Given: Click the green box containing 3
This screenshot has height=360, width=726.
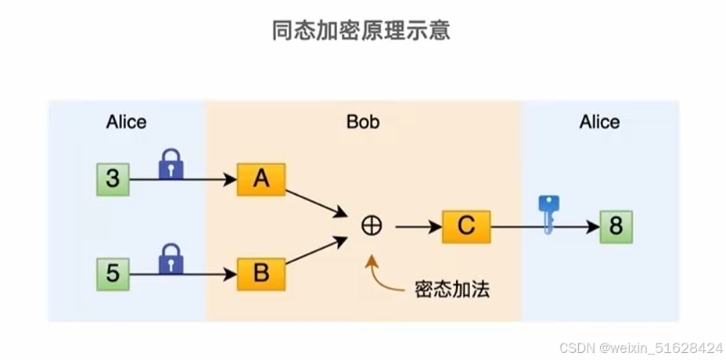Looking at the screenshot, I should click(x=113, y=179).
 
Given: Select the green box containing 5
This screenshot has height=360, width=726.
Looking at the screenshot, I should click(x=113, y=274).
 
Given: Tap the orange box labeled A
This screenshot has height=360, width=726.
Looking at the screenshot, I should click(x=261, y=179).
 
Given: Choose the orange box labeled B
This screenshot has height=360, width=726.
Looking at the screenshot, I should click(x=261, y=274).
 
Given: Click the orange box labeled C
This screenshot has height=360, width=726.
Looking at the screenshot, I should click(x=465, y=227).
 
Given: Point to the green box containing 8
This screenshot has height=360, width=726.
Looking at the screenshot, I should click(x=616, y=227).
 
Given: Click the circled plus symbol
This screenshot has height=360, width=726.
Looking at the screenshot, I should click(x=372, y=226).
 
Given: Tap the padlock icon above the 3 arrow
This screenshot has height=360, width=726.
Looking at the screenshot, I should click(x=171, y=164).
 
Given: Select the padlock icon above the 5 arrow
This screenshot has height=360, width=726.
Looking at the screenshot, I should click(x=171, y=259).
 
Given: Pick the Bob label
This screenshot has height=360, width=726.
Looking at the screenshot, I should click(x=363, y=122).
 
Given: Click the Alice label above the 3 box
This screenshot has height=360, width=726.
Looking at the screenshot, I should click(x=126, y=122).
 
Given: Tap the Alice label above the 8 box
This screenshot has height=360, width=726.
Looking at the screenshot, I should click(x=599, y=122).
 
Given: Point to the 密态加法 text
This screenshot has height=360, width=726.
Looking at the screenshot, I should click(x=451, y=289).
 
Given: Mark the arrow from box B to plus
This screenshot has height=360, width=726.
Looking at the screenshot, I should click(x=316, y=252).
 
